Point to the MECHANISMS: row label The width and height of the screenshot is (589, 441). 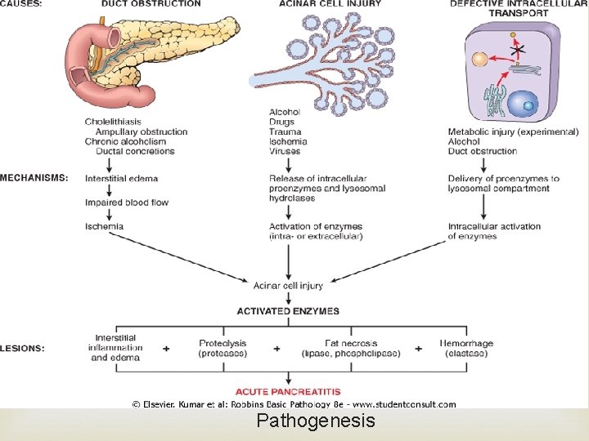34,178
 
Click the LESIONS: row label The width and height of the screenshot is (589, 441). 22,348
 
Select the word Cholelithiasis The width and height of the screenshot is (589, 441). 113,122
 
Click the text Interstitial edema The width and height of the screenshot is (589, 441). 121,178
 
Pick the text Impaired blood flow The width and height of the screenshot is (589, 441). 127,203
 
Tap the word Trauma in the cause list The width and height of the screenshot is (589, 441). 285,131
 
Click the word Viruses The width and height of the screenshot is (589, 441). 286,151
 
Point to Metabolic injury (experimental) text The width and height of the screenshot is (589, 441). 513,131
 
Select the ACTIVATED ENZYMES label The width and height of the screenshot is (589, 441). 288,311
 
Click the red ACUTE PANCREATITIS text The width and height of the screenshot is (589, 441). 288,392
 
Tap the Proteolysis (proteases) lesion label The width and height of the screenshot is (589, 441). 223,348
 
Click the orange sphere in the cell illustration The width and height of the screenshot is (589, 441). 478,60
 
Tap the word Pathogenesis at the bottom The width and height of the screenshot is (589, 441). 316,421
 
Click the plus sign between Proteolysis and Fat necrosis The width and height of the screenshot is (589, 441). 277,349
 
